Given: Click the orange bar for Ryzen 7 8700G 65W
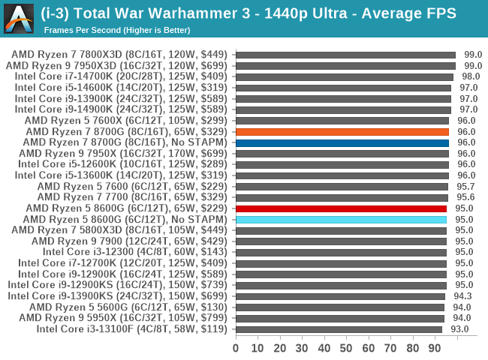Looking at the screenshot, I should [342, 131].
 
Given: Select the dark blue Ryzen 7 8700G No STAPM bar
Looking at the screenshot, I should [342, 142].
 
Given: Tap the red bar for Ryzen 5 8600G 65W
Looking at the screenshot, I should [341, 208].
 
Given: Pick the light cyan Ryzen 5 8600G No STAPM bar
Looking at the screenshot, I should [341, 220].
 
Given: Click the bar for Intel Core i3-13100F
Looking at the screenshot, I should [339, 329].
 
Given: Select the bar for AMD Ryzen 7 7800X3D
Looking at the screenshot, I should [345, 55].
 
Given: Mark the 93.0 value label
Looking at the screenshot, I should [459, 329].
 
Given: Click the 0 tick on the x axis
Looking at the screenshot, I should [236, 348].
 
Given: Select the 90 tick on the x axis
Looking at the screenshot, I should [435, 348].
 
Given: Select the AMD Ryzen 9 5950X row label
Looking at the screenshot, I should [125, 318].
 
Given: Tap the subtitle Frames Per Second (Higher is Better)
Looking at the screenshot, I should [117, 30].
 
